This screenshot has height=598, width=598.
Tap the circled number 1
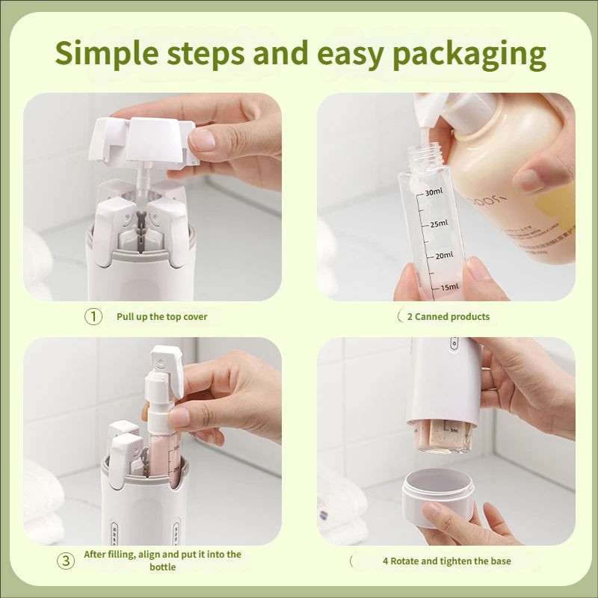[x=92, y=316]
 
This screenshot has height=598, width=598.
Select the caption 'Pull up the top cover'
[x=161, y=316]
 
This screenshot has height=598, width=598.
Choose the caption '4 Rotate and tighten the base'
[x=446, y=561]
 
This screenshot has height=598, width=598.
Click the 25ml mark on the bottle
[x=437, y=224]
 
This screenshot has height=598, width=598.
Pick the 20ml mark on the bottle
[x=444, y=255]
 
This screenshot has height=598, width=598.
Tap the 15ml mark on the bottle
[x=449, y=286]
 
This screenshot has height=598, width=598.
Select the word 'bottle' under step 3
[x=162, y=567]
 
